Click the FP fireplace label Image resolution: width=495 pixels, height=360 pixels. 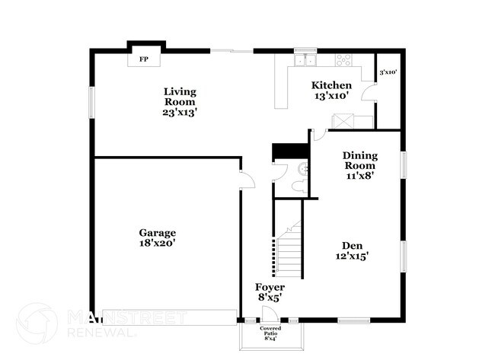pos(142,58)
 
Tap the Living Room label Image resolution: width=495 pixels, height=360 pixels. pos(180,97)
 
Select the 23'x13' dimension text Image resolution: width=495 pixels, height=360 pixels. pos(180,112)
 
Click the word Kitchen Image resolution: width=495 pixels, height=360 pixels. pos(332,85)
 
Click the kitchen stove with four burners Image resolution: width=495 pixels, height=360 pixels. pos(343,59)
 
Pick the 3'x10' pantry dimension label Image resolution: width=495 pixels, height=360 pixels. pos(387,72)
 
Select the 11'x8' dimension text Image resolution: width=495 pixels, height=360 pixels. pos(359,175)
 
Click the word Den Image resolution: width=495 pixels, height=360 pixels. pos(352,246)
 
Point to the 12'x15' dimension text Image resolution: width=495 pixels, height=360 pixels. pos(353,257)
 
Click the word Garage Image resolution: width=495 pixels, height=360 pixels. pos(158,233)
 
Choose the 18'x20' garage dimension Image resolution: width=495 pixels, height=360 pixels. pos(158,244)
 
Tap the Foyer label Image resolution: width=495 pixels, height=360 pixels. pos(270,287)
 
